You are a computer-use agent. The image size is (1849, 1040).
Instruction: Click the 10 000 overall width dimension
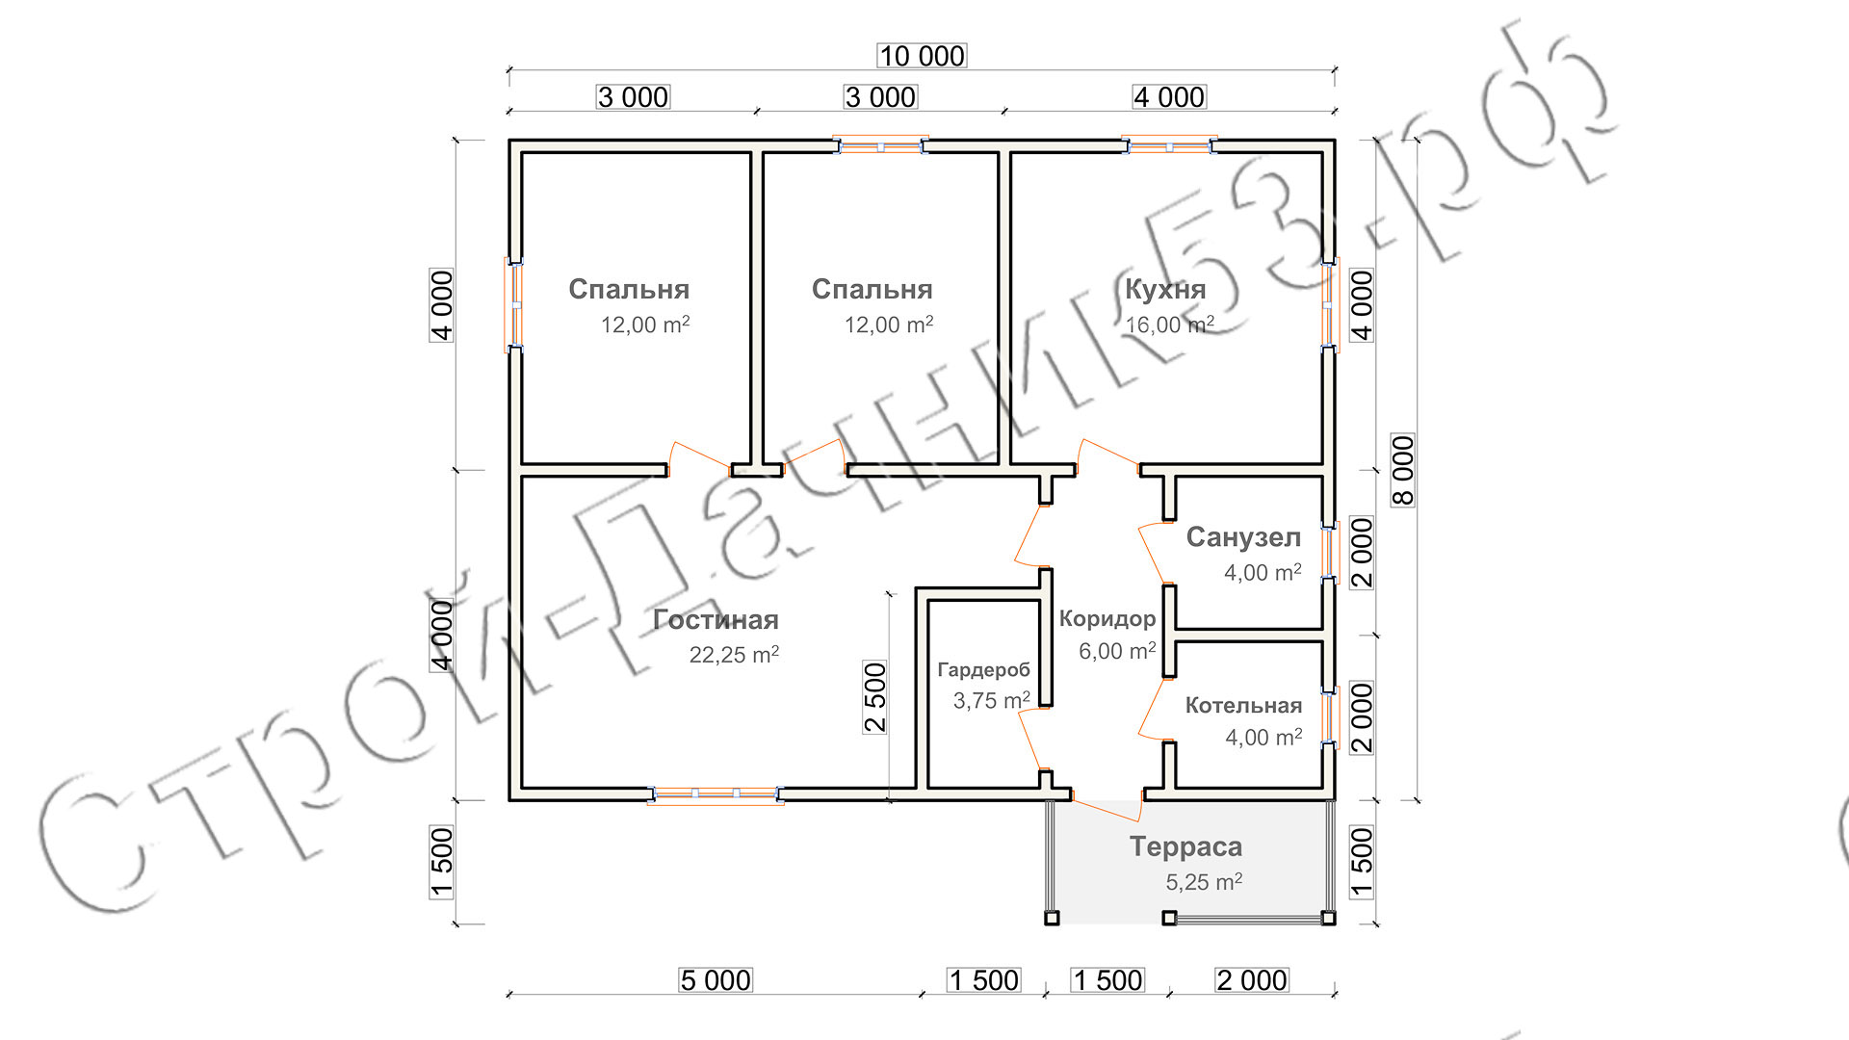(922, 56)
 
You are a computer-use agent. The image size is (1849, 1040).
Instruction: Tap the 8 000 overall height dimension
(1403, 470)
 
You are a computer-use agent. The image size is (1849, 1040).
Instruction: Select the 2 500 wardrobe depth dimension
(874, 697)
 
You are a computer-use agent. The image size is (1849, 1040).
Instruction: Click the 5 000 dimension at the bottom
(715, 980)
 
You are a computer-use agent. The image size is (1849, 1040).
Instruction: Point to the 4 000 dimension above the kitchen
(1169, 97)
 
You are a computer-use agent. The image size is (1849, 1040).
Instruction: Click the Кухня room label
(1165, 289)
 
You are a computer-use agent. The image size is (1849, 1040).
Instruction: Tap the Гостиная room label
(716, 620)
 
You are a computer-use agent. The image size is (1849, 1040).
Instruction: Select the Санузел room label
(1243, 537)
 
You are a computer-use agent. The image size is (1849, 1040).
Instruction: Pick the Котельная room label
(1243, 706)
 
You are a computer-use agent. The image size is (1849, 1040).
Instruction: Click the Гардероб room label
(983, 670)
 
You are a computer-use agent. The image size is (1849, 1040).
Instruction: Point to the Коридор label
(1107, 619)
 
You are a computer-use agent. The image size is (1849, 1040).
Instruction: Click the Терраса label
(1185, 847)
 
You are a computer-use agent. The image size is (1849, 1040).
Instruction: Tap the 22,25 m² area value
(734, 655)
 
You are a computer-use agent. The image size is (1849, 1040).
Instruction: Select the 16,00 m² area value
(1170, 325)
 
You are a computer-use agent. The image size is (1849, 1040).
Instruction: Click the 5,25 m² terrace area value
(1204, 882)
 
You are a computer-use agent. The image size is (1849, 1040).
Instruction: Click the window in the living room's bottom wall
(716, 794)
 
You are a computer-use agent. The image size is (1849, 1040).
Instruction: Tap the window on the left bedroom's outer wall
(515, 305)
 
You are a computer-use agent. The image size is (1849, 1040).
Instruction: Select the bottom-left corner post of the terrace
(1052, 918)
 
